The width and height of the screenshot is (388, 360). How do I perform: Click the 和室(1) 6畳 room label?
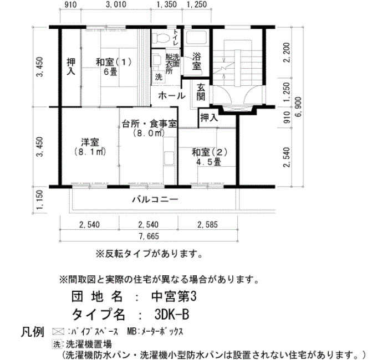click(x=114, y=66)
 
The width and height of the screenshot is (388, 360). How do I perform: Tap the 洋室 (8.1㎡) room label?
click(x=90, y=147)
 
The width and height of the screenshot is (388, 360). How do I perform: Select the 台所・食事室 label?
click(x=149, y=124)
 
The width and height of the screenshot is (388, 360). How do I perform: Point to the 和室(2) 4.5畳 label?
click(x=210, y=157)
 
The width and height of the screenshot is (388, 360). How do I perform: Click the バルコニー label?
click(x=155, y=199)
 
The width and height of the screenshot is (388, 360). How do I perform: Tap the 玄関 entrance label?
click(x=201, y=92)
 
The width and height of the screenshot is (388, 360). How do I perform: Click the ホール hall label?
click(x=172, y=95)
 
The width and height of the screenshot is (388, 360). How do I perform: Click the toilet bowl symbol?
click(x=160, y=38)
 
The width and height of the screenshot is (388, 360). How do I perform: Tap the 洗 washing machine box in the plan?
click(x=159, y=77)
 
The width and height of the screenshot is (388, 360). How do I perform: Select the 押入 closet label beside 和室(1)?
click(x=72, y=66)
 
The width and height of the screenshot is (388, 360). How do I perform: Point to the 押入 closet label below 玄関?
click(x=210, y=117)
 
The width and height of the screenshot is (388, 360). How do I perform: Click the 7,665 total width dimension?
click(x=149, y=236)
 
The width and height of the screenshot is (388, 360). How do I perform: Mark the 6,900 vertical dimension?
click(x=299, y=107)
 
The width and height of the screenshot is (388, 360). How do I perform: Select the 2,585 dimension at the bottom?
click(x=208, y=224)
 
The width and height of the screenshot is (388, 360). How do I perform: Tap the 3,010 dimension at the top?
click(x=116, y=4)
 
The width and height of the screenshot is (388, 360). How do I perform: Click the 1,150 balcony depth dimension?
click(x=39, y=199)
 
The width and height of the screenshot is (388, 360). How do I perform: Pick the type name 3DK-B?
click(x=171, y=315)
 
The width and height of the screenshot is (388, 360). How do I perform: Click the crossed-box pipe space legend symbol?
click(x=58, y=331)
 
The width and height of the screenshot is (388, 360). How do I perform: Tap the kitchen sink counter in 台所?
click(x=170, y=151)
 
